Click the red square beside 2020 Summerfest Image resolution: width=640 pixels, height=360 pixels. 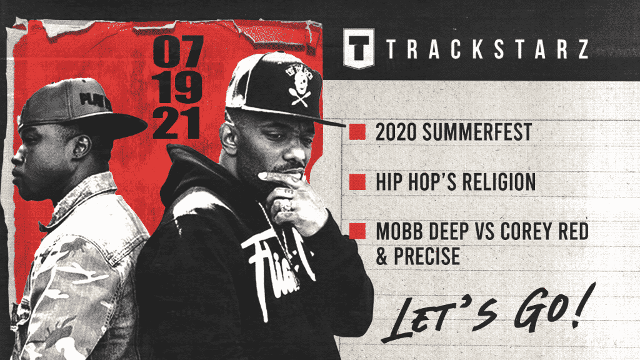tap(357, 132)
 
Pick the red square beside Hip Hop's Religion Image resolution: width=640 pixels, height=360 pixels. tap(357, 181)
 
